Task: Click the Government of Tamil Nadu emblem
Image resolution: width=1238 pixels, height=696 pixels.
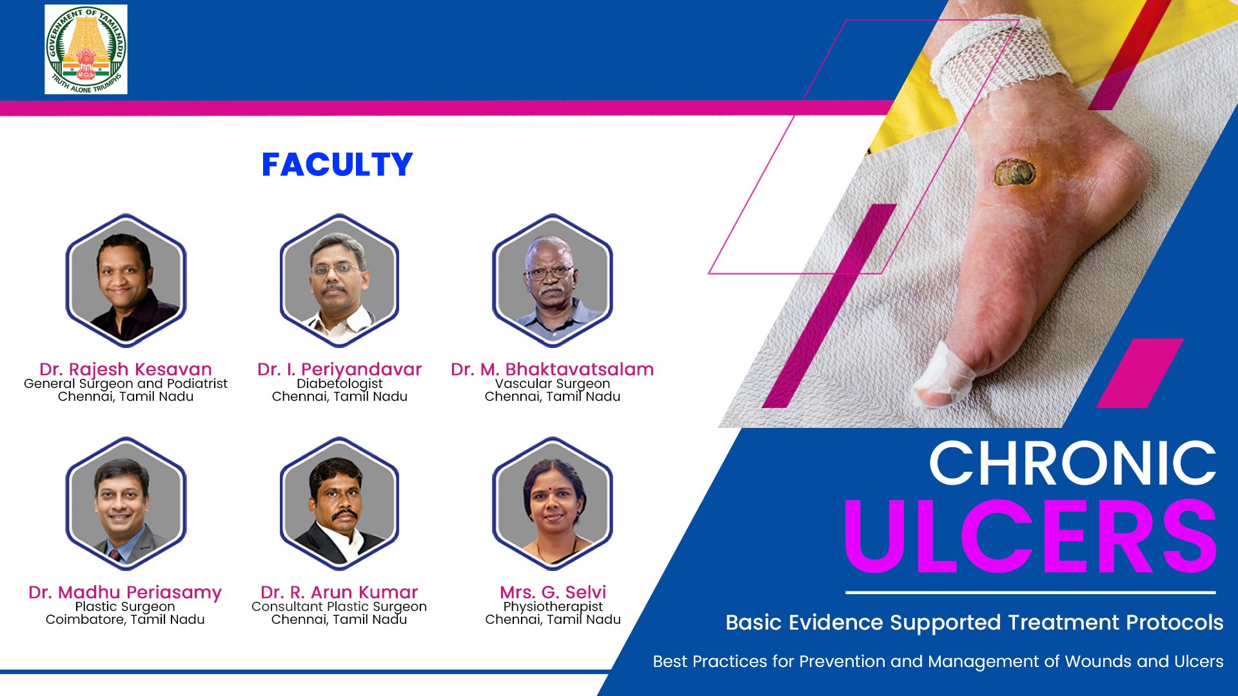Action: tap(86, 50)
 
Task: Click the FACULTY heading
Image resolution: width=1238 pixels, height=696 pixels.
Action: tap(337, 165)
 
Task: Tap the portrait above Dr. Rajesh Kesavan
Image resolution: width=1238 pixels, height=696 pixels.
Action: tap(126, 281)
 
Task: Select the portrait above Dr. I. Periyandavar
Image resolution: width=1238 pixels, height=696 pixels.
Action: tap(339, 281)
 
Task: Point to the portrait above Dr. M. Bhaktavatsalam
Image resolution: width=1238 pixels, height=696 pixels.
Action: tap(553, 281)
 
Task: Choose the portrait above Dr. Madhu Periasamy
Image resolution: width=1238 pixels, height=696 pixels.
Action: tap(126, 504)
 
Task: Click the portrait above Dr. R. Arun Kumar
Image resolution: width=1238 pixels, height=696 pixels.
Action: tap(339, 504)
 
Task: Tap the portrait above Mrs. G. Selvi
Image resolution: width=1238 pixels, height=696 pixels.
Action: tap(553, 504)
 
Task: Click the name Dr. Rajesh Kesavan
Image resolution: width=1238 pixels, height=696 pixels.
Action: tap(126, 369)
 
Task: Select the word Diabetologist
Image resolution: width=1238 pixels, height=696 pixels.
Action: tap(340, 384)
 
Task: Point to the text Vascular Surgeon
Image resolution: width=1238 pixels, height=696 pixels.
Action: tap(553, 384)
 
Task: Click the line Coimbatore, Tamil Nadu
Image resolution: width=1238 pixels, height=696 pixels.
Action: tap(125, 619)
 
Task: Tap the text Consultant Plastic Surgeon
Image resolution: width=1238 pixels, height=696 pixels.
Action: tap(339, 607)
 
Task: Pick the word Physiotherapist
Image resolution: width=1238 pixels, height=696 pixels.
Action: tap(553, 607)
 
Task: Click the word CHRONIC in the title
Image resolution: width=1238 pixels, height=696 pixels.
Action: tap(1072, 463)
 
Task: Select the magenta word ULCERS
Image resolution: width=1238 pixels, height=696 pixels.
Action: tap(1030, 536)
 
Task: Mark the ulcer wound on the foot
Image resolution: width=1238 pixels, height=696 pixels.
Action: tap(1015, 173)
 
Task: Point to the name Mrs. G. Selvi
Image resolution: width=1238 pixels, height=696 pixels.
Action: tap(553, 592)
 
